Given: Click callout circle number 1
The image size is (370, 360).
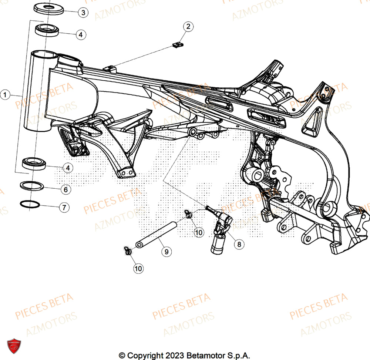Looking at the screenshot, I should (5, 95).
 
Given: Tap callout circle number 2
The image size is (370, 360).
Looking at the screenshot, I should (188, 26).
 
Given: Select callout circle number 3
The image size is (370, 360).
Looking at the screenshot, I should (83, 13).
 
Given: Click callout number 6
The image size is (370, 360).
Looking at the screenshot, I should (65, 190).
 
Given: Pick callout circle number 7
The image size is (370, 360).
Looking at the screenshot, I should (64, 208).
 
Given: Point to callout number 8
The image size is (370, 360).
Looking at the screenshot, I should (239, 244).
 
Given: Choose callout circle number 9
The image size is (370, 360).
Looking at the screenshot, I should (166, 252).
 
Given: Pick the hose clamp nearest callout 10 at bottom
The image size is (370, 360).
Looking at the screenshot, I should (128, 251).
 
